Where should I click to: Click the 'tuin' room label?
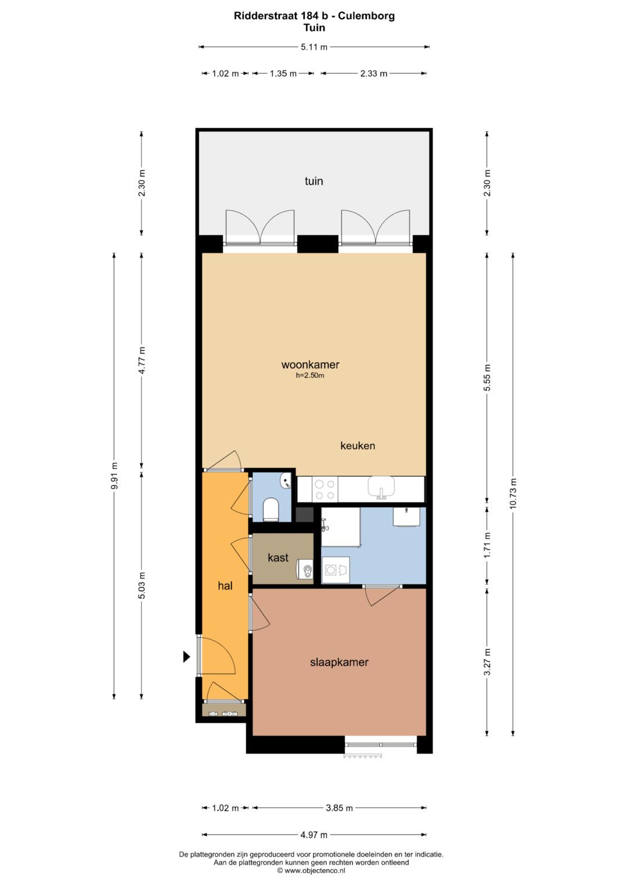[313, 181]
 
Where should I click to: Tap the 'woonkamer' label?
[310, 364]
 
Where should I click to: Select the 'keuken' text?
[358, 446]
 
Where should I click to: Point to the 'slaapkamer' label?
[339, 661]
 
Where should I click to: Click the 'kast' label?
[278, 558]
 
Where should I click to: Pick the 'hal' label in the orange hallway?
[225, 585]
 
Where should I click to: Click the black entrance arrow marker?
[186, 657]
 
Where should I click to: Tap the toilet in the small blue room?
[271, 509]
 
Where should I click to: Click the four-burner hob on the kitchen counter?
[325, 489]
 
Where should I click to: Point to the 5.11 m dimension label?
[314, 47]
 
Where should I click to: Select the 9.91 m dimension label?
[114, 475]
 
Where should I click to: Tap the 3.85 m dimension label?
[339, 808]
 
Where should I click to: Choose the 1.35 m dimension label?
[283, 74]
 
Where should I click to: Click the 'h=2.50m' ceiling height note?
[310, 375]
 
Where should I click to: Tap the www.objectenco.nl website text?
[315, 870]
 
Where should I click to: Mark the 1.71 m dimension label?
[487, 545]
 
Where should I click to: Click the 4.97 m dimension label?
[314, 834]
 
